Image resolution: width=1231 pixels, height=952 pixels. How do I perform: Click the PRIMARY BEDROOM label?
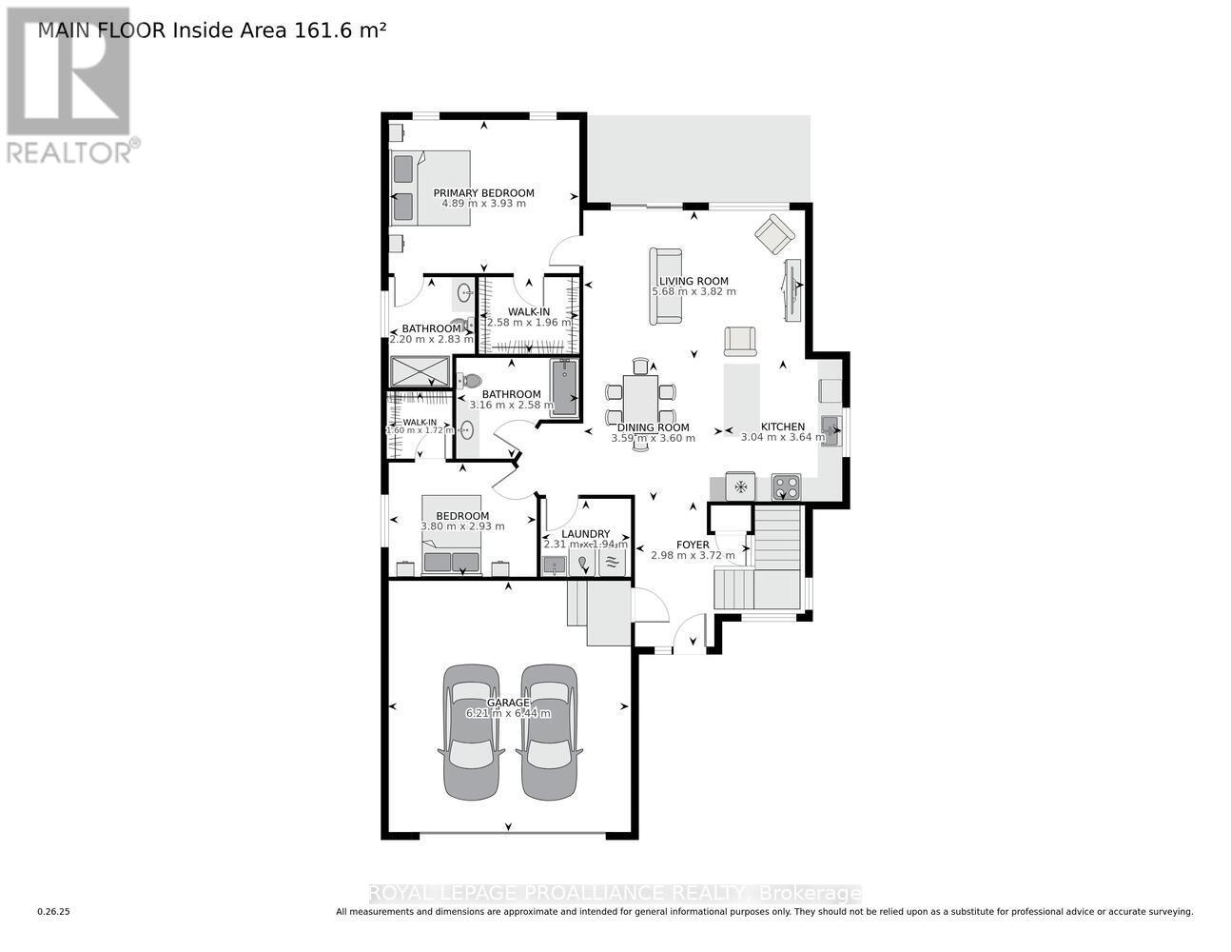(x=483, y=193)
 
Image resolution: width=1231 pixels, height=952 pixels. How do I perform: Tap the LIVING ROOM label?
(x=694, y=281)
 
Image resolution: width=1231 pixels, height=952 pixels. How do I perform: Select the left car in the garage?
(x=471, y=730)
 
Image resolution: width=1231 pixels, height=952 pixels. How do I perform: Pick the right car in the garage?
(x=548, y=730)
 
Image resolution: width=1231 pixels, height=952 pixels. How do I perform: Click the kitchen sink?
(x=830, y=431)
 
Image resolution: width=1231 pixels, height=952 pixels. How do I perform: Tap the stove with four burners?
(x=786, y=486)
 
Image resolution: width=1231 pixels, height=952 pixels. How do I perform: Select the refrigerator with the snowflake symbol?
(x=739, y=486)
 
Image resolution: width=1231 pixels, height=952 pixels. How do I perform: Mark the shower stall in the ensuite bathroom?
(x=420, y=370)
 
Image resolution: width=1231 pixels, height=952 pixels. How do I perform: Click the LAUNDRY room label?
(x=585, y=534)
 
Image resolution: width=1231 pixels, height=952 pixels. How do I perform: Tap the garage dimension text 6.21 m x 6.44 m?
(x=508, y=713)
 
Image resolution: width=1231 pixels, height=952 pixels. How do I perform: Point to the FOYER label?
(x=693, y=545)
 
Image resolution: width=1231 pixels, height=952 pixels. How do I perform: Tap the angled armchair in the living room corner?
(x=775, y=231)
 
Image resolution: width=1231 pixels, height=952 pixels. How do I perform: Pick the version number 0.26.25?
(x=54, y=912)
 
